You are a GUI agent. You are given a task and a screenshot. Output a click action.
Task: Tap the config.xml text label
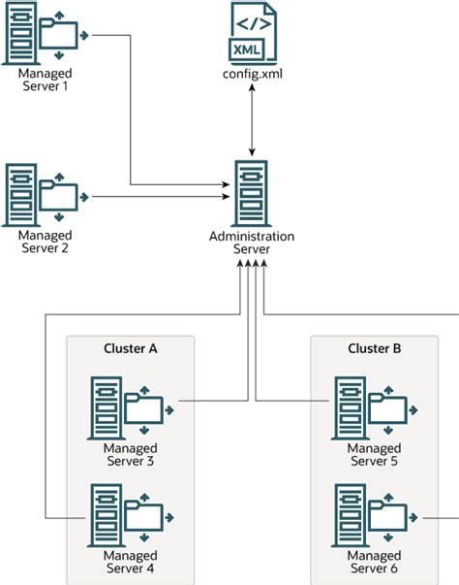pyautogui.click(x=252, y=74)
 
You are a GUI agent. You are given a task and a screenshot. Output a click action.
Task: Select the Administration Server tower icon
pyautogui.click(x=252, y=191)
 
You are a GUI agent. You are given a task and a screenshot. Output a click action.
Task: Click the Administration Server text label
pyautogui.click(x=252, y=243)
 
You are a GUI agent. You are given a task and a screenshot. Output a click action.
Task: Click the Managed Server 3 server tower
pyautogui.click(x=107, y=406)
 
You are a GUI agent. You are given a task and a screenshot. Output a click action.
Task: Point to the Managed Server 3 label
pyautogui.click(x=130, y=455)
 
